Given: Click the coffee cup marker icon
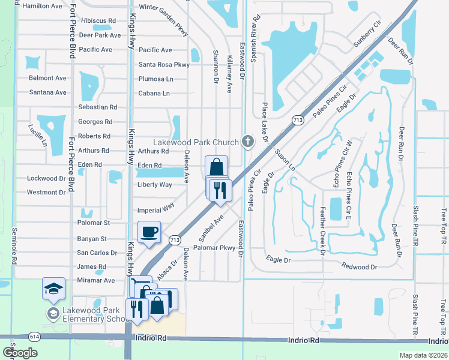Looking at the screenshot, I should click(x=149, y=232).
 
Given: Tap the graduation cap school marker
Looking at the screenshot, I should click(x=53, y=289).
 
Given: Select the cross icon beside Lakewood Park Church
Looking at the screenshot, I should click(x=246, y=142).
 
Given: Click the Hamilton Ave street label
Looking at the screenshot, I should click(x=41, y=6).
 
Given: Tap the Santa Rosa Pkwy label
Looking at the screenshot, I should click(x=164, y=64).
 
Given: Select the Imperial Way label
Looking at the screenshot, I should click(x=155, y=208).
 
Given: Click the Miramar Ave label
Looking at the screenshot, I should click(x=96, y=280).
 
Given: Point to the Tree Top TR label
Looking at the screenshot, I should click(x=444, y=226).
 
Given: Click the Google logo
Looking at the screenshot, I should click(x=20, y=353).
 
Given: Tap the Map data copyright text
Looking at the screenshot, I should click(x=423, y=355).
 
